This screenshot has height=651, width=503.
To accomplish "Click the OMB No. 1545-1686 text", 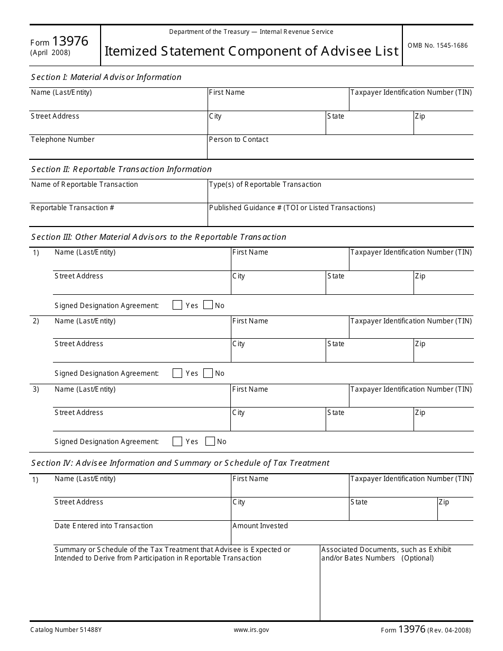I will tap(437, 46).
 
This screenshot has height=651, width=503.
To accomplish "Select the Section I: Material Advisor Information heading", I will tap(106, 77).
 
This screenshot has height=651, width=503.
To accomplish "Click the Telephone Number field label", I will tap(62, 140).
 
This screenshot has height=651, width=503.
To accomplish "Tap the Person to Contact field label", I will tap(239, 140).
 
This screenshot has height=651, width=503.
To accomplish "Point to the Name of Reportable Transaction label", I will tap(84, 185).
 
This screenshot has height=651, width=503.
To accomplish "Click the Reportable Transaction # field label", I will tap(73, 208).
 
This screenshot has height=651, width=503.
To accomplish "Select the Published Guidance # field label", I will tap(292, 208).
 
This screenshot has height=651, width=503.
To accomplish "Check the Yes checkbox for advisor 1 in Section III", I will tap(177, 305).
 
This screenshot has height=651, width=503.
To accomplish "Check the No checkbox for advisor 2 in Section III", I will tap(208, 373).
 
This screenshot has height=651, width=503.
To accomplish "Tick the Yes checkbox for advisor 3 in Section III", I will tap(177, 441).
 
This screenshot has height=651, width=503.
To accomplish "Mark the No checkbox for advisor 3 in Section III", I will tap(210, 441).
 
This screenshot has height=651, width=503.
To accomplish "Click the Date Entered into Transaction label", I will tap(103, 526).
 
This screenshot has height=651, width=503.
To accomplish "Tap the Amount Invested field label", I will tap(260, 526).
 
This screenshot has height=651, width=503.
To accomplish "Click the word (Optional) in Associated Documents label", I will tap(417, 558).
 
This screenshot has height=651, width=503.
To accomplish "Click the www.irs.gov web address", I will tap(251, 630).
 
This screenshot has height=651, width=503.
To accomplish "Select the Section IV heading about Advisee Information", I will tap(180, 463).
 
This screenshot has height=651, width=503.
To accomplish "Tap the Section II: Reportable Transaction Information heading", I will tap(121, 169).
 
